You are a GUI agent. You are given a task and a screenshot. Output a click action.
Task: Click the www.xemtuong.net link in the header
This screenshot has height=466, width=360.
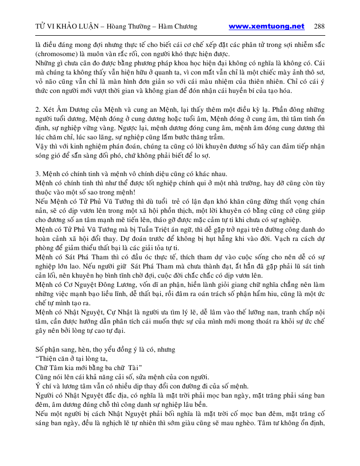click(x=266, y=27)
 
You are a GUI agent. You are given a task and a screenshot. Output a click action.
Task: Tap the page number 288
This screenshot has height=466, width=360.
click(x=319, y=27)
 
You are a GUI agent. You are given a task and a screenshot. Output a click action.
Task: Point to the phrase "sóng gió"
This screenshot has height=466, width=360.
click(x=46, y=155)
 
